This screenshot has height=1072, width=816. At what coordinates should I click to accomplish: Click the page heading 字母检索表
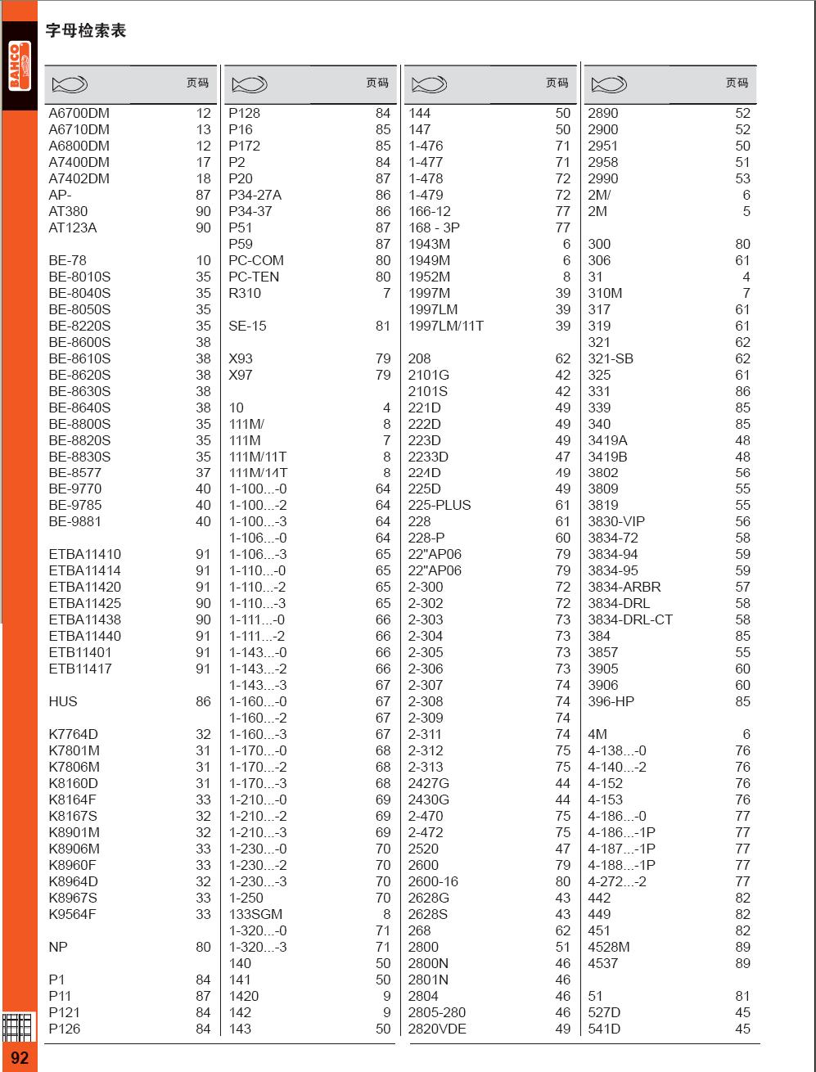pos(85,32)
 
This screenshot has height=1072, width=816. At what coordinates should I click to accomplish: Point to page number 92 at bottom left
pos(20,1057)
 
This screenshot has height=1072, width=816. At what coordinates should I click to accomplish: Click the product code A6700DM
pos(79,113)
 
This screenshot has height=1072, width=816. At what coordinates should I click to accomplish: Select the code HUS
pos(63,701)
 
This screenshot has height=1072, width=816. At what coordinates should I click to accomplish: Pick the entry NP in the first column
pos(58,947)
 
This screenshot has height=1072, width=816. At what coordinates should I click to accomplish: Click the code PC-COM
pos(256,260)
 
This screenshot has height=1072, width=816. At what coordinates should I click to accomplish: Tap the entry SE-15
pos(247,326)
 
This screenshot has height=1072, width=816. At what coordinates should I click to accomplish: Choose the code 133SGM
pos(255,914)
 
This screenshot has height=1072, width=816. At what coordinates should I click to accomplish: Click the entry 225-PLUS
pos(440,505)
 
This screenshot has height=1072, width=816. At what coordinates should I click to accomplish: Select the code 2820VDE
pos(437,1029)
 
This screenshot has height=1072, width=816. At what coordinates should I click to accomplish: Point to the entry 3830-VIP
pos(616,521)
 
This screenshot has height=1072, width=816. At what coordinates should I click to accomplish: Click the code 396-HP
pos(611,701)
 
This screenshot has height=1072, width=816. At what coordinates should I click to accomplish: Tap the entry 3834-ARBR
pos(624,587)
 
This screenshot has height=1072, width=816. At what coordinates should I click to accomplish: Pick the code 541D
pos(604,1029)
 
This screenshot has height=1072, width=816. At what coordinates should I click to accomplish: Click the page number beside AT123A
pos(203,227)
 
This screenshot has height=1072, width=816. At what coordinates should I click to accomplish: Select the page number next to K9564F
pos(203,914)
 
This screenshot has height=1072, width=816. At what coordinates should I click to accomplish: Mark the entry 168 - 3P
pos(434,227)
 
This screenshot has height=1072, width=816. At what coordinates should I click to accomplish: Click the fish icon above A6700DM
pos(70,83)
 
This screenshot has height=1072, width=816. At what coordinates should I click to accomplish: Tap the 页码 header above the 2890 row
pos(737,83)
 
